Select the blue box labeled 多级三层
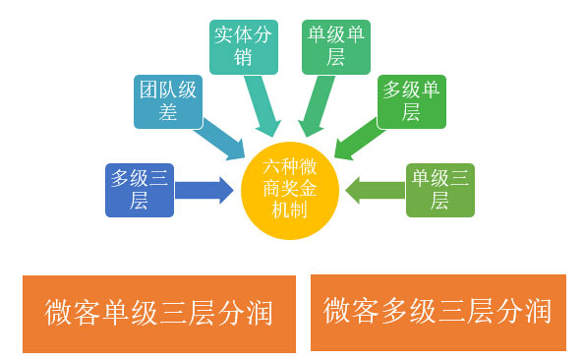click(x=139, y=190)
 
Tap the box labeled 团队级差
click(x=167, y=101)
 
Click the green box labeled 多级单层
click(x=412, y=101)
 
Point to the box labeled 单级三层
click(x=440, y=190)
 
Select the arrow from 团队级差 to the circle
click(x=224, y=138)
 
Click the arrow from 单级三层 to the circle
click(x=376, y=189)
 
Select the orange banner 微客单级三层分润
click(x=158, y=313)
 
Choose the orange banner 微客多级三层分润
click(x=438, y=312)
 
